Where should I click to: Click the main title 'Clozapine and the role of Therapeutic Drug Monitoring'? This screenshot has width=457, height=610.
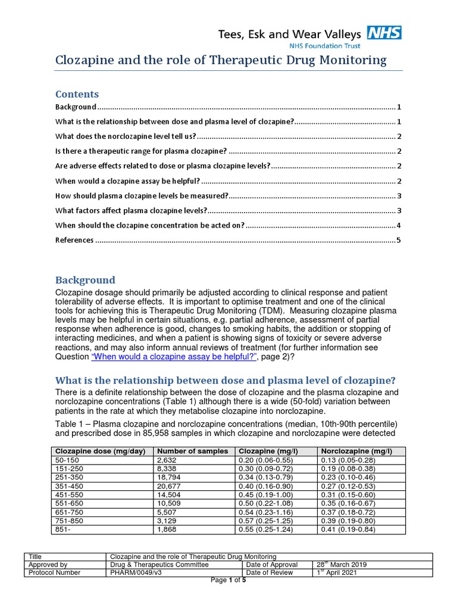coord(221,60)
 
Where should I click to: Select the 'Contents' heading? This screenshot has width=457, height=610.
coord(77,94)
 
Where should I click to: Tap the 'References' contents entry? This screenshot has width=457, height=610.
coord(74,240)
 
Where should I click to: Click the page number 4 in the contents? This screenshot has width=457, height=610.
coord(399,225)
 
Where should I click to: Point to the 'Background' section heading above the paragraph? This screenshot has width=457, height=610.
coord(85,280)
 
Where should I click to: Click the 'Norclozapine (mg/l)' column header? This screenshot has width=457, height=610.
coord(350,451)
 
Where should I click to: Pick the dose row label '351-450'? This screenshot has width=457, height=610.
coord(67,485)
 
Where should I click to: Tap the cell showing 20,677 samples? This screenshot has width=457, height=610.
coord(168,485)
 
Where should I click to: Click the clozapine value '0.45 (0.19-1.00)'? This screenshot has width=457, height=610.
coord(266,494)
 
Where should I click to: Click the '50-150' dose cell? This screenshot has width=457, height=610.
coord(65,460)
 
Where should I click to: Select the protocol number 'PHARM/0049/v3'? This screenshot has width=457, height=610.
coord(137,572)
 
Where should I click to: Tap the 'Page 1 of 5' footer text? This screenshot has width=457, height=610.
coord(229,580)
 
